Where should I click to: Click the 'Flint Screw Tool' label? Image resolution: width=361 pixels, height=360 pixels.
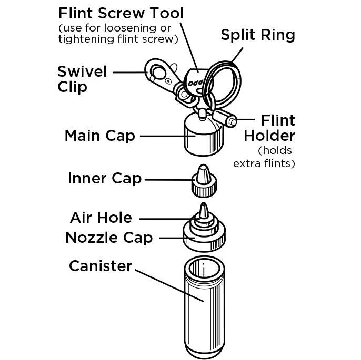[x=121, y=13]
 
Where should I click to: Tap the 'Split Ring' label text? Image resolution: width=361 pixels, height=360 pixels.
[x=257, y=35]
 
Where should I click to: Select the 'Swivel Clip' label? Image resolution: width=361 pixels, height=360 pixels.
[x=82, y=78]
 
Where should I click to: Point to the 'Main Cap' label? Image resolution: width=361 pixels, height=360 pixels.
[x=100, y=136]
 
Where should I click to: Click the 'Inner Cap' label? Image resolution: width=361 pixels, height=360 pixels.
[x=105, y=178]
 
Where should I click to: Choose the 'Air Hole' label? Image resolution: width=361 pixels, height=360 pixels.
[x=101, y=217]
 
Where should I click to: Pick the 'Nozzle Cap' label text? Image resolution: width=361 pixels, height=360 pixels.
[x=109, y=238]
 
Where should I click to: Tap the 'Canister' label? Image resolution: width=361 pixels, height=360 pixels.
[x=101, y=266]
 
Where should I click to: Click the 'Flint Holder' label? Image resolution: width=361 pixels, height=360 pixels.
[x=269, y=128]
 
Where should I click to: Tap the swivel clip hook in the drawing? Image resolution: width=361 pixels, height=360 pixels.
[x=158, y=71]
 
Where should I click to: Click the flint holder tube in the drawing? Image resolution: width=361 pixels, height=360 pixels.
[x=224, y=117]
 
